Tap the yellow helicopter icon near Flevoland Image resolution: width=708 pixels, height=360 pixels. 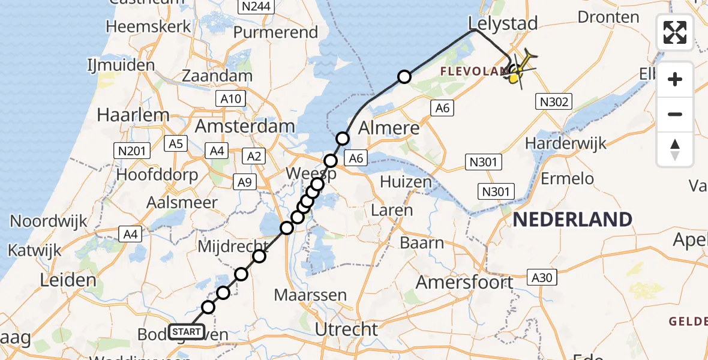[x=517, y=72]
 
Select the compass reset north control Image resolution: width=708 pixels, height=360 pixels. [x=675, y=149]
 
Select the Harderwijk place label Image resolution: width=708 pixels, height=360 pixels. [x=566, y=143]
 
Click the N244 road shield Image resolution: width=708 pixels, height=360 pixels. [x=256, y=7]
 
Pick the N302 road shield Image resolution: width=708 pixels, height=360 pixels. [x=554, y=102]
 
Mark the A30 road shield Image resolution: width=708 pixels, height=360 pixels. [x=542, y=277]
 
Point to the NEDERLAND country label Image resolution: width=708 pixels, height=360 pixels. [x=573, y=219]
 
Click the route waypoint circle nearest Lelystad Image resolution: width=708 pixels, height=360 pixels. [x=404, y=77]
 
